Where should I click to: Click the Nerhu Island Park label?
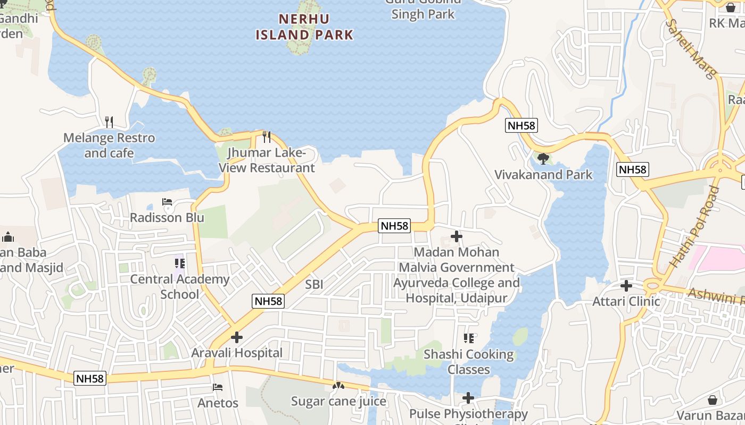304,27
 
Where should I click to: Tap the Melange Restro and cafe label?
109,146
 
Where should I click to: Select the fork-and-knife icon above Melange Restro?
109,122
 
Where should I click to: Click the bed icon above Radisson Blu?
167,202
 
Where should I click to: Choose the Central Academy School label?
180,287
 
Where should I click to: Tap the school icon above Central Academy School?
180,263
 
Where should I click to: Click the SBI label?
314,285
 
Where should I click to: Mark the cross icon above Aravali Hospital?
237,337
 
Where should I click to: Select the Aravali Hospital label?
237,353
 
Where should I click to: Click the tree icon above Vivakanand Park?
543,158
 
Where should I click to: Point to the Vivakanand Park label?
543,175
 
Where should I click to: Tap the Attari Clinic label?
626,302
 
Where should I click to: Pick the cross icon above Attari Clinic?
626,286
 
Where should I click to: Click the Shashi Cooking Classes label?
469,362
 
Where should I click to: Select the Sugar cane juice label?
338,401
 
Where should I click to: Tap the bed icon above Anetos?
218,387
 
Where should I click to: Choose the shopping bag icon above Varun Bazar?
713,399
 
